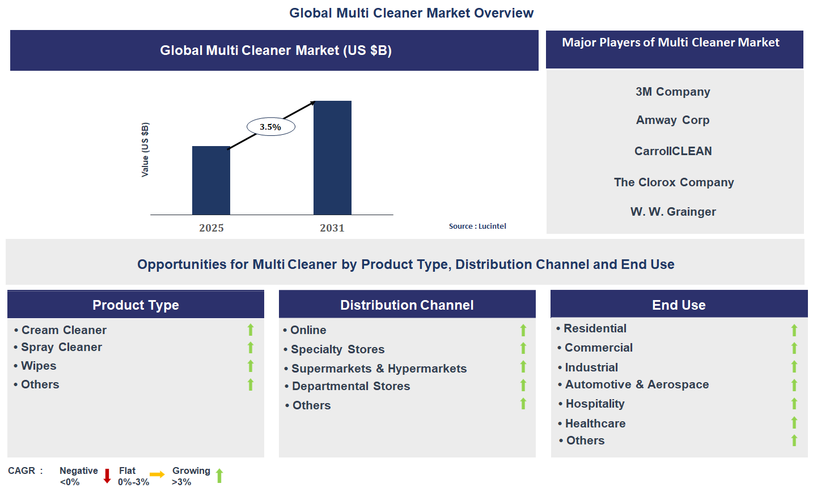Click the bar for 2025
[x=211, y=180]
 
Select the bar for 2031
[x=332, y=158]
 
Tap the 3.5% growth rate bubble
[x=271, y=127]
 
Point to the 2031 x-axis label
[x=332, y=228]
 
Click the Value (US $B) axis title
[x=145, y=149]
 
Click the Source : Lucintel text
[x=477, y=226]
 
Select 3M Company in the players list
[x=672, y=92]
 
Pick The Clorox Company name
[x=674, y=182]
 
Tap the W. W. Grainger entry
[x=673, y=212]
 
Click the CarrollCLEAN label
[x=673, y=151]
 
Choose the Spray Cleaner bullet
[x=61, y=347]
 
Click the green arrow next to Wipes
[x=251, y=366]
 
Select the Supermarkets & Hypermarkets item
[x=379, y=369]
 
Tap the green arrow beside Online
[x=523, y=330]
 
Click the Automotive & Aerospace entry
[x=637, y=384]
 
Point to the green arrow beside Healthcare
[x=794, y=423]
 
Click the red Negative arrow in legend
[x=107, y=476]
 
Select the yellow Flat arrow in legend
[x=157, y=474]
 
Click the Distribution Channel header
[x=407, y=305]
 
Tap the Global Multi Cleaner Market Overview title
[x=411, y=13]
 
